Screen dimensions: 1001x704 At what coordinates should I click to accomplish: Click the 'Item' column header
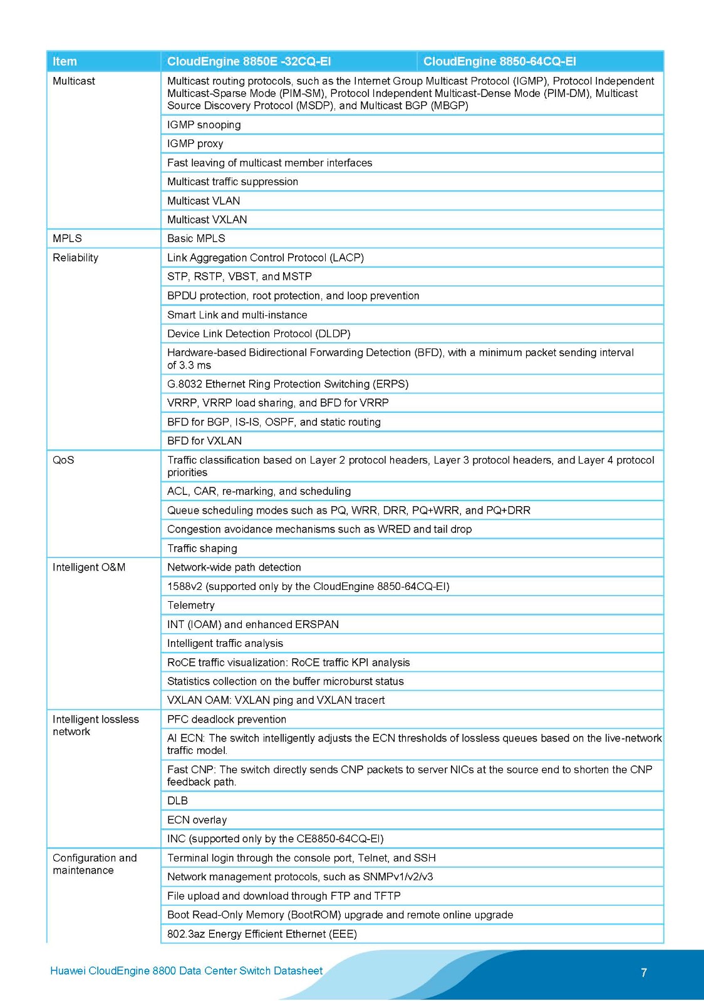tap(65, 61)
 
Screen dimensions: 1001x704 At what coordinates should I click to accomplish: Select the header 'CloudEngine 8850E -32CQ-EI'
tap(249, 61)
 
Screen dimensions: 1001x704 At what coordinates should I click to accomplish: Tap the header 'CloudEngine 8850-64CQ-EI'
tap(499, 61)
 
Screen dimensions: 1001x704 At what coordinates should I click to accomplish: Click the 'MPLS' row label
tap(67, 238)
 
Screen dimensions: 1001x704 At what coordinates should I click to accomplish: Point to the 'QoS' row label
tap(63, 460)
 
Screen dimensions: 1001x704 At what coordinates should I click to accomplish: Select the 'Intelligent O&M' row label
tap(89, 567)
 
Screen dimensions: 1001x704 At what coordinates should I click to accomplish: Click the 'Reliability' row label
tap(75, 258)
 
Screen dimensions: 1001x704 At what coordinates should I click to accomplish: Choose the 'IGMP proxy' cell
tap(195, 143)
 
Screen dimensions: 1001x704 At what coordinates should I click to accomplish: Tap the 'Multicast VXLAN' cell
tap(207, 220)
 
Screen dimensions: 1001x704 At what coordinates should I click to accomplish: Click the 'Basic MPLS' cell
tap(196, 238)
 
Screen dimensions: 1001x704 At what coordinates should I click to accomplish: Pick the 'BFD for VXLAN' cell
tap(204, 440)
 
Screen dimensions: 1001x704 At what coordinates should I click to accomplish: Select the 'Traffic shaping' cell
tap(202, 549)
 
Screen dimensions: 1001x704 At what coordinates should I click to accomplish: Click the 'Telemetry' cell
tap(190, 605)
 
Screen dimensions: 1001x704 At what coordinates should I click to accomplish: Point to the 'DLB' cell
tap(177, 801)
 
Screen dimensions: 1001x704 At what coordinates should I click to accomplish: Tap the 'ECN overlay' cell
tap(197, 820)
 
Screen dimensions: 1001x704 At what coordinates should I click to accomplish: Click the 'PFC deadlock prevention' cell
tap(226, 719)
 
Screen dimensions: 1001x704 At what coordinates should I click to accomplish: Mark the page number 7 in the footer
tap(644, 972)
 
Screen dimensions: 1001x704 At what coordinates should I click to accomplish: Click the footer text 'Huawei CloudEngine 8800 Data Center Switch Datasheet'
tap(186, 971)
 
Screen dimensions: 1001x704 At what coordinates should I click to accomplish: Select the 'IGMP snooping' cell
tap(204, 124)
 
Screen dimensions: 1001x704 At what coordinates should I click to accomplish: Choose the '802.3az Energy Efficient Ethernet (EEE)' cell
tap(262, 934)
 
